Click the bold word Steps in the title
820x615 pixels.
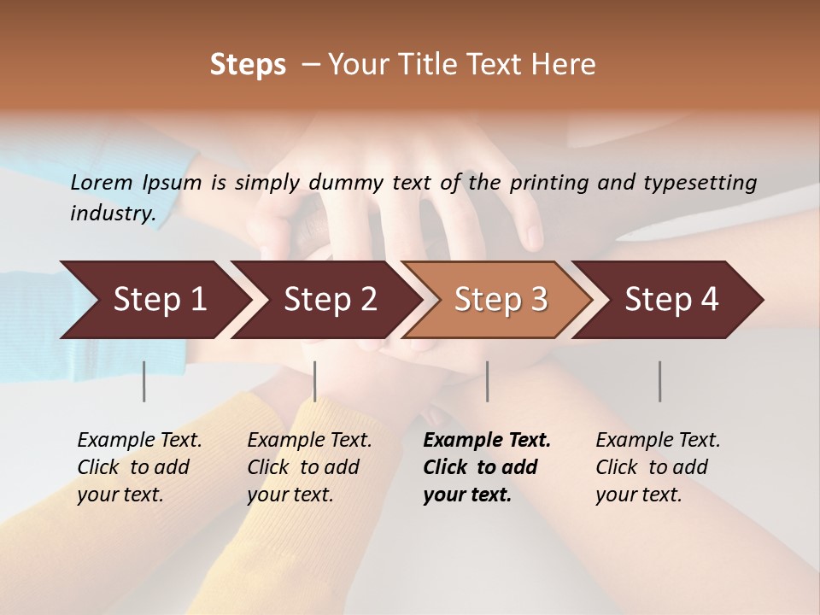pyautogui.click(x=248, y=65)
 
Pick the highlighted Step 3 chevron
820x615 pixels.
pyautogui.click(x=501, y=300)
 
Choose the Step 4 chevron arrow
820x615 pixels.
pyautogui.click(x=671, y=300)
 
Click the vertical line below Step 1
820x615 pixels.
pyautogui.click(x=144, y=381)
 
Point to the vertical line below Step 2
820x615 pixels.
pyautogui.click(x=315, y=381)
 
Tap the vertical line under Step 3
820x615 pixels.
pyautogui.click(x=488, y=381)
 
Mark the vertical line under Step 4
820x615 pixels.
pyautogui.click(x=660, y=381)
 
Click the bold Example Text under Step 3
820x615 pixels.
pyautogui.click(x=487, y=467)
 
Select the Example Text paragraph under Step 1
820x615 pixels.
pyautogui.click(x=139, y=467)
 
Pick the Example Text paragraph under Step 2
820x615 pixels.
pyautogui.click(x=309, y=467)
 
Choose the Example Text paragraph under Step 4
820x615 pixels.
pyautogui.click(x=658, y=467)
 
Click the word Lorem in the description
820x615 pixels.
pyautogui.click(x=102, y=182)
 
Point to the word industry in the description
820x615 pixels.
pyautogui.click(x=113, y=213)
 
